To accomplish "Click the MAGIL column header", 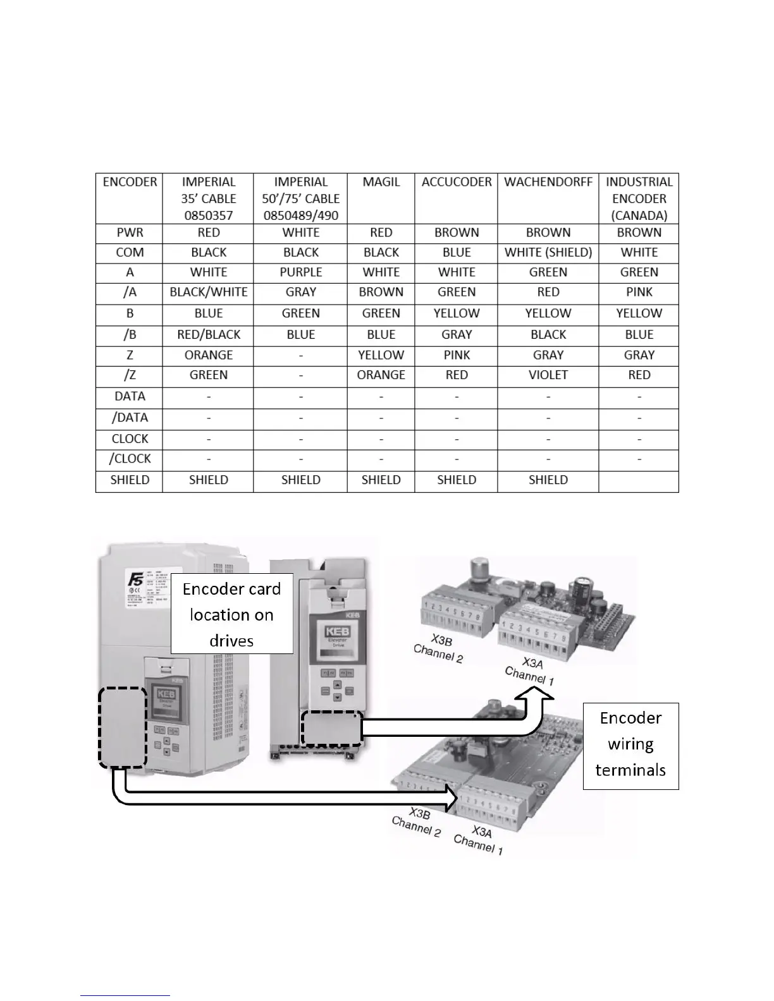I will pos(381,182).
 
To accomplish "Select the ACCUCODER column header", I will pos(457,182).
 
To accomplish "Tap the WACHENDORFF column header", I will pos(548,182).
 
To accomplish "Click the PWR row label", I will pos(130,233).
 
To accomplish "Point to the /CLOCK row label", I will pos(130,459).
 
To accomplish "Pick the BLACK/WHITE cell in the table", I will pos(209,292).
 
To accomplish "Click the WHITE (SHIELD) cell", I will pos(548,252).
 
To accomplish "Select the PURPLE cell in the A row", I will pos(301,272).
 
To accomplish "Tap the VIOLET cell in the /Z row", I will pos(548,375).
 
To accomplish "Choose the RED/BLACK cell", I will pos(209,334).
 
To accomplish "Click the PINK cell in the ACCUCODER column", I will pos(457,355).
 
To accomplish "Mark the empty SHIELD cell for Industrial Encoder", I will pos(639,480).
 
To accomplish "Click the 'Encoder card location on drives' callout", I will pos(231,614).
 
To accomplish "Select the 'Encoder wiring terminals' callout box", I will pos(630,744).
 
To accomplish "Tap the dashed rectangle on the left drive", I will pos(123,727).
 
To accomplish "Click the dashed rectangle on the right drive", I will pos(331,729).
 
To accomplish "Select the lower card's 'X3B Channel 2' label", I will pos(417,821).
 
